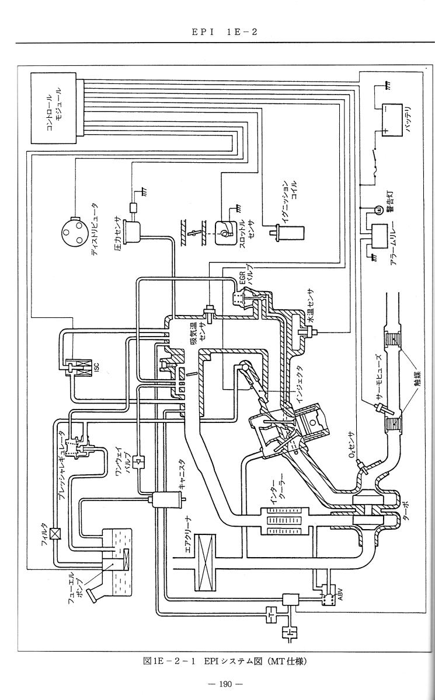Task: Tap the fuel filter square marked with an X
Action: [x=56, y=533]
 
